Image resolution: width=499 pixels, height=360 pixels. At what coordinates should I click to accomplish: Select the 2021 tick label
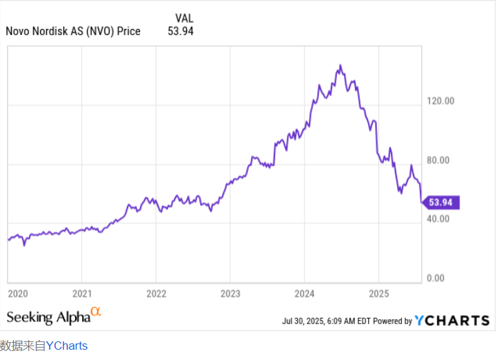(x=82, y=293)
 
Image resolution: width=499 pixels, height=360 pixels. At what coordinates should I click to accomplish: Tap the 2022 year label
(x=156, y=293)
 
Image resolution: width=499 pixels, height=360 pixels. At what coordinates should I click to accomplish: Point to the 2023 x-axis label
(x=230, y=293)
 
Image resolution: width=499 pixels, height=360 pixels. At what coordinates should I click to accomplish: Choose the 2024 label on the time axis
(x=305, y=293)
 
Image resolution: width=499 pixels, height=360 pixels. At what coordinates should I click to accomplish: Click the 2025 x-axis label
(x=378, y=293)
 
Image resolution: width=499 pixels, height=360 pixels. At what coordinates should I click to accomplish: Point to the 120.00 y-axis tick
(x=441, y=101)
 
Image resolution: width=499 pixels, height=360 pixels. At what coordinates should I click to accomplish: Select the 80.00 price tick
(x=439, y=160)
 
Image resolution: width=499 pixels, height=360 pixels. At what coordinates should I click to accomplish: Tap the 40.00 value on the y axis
(x=439, y=219)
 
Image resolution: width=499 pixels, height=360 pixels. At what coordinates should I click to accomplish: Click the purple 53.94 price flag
(x=441, y=202)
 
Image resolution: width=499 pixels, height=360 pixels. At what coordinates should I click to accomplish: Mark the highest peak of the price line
(x=340, y=66)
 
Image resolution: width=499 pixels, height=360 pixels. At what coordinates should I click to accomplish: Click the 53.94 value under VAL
(x=181, y=31)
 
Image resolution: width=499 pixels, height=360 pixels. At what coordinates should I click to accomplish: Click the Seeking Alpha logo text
(x=48, y=317)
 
